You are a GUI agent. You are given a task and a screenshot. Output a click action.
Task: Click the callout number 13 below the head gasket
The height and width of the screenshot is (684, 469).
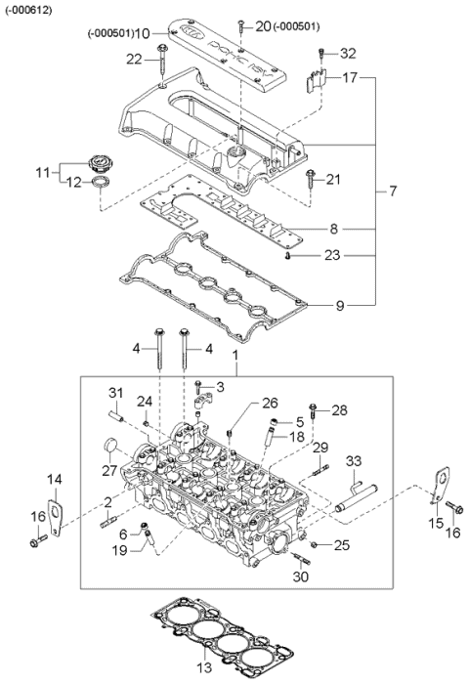[204, 667]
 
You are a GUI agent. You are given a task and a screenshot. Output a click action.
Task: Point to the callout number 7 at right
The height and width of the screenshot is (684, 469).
[393, 191]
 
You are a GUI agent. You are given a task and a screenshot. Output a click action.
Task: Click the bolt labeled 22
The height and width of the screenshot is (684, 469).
[162, 61]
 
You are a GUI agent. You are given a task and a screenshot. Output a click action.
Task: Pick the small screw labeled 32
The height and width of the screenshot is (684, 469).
[321, 54]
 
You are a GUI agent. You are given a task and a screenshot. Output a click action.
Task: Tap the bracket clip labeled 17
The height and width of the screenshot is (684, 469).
[316, 80]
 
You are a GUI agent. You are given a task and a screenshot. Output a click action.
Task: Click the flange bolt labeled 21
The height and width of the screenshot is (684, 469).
[311, 179]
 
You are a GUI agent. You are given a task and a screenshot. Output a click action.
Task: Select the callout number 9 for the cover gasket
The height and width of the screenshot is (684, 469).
[340, 305]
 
